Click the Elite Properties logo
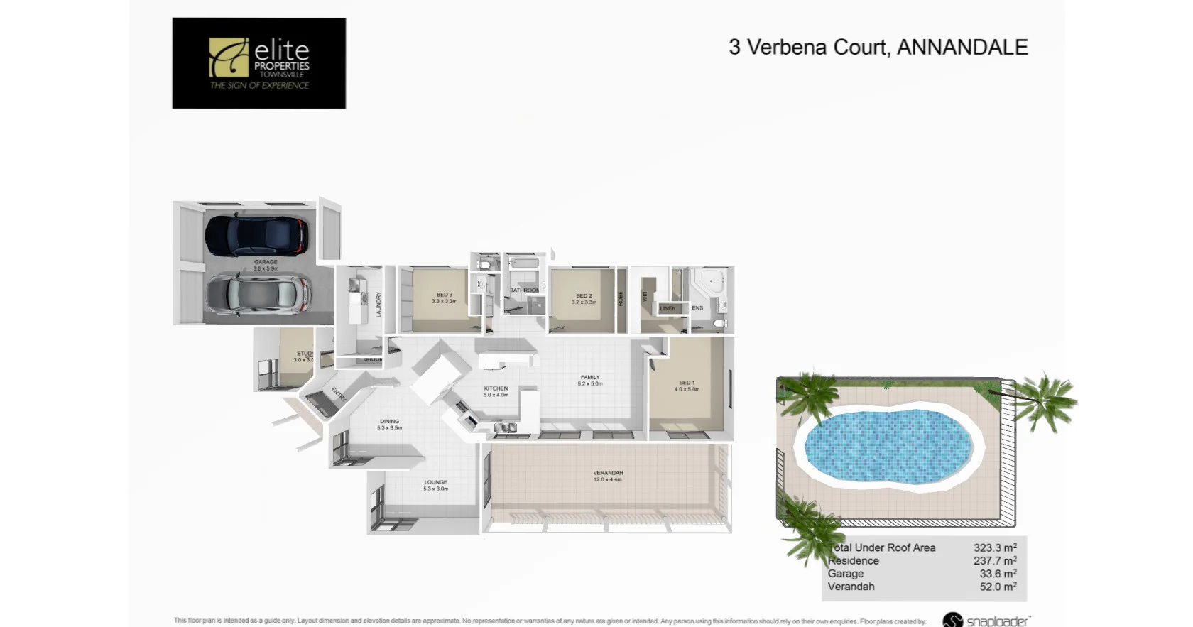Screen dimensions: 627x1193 point(258,63)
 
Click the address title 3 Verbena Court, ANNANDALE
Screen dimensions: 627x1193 point(878,47)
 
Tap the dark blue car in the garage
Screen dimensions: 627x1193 point(256,236)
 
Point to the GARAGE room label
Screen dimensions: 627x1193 point(266,262)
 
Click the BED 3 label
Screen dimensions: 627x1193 point(444,295)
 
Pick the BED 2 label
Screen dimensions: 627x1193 point(584,295)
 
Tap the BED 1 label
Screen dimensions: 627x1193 point(687,383)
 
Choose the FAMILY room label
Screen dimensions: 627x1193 point(590,377)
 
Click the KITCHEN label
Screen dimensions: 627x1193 point(496,388)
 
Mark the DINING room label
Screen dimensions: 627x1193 point(389,421)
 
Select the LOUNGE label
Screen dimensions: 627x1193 point(435,482)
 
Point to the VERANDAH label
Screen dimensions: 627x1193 point(608,473)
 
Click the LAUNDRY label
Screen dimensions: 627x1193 point(378,304)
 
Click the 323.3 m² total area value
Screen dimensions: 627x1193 point(995,547)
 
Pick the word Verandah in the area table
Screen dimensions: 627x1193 point(851,587)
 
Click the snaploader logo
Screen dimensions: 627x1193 point(986,620)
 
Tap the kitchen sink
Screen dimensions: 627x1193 point(506,427)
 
